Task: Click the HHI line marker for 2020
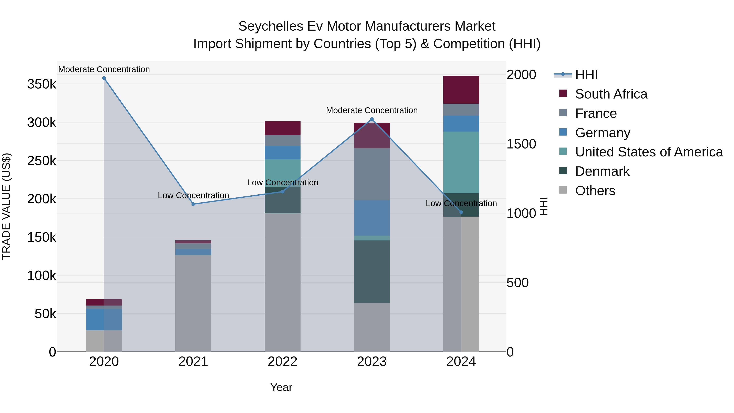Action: click(104, 78)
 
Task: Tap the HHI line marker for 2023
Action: click(372, 119)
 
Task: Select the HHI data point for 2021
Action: click(193, 204)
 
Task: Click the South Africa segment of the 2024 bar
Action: click(461, 90)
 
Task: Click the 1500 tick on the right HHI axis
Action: click(521, 144)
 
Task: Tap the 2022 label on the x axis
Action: click(282, 362)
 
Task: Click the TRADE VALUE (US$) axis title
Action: click(6, 206)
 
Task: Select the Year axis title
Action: click(281, 387)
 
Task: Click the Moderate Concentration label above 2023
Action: click(372, 110)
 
